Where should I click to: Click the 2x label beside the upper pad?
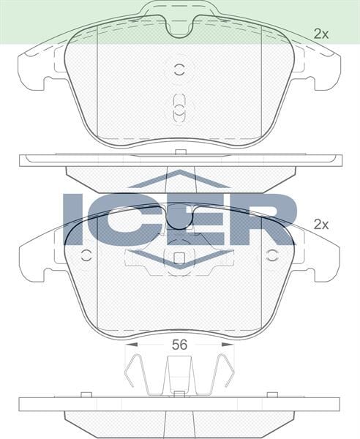pos(321,33)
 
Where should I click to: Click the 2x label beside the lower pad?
pos(321,225)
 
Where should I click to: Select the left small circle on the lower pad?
pos(86,256)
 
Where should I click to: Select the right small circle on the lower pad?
pos(273,256)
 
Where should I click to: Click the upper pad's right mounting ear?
pos(321,70)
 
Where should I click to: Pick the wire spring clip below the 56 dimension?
pos(179,373)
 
